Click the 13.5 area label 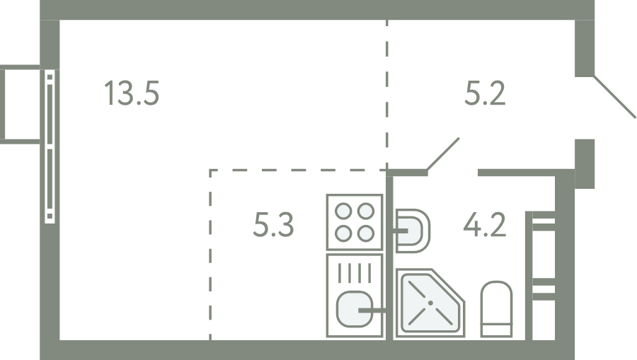pyautogui.click(x=132, y=93)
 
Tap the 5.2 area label pyautogui.click(x=485, y=93)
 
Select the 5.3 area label pyautogui.click(x=273, y=224)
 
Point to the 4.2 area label pyautogui.click(x=485, y=224)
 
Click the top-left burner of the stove pyautogui.click(x=344, y=211)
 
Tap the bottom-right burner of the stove pyautogui.click(x=366, y=233)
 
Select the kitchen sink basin pyautogui.click(x=355, y=309)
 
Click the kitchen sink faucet pyautogui.click(x=372, y=311)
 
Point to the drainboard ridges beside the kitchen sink pyautogui.click(x=355, y=273)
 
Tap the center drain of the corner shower pyautogui.click(x=430, y=303)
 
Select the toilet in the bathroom pyautogui.click(x=496, y=309)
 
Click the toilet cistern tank pyautogui.click(x=496, y=330)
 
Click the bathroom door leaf pyautogui.click(x=443, y=153)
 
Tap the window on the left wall pyautogui.click(x=50, y=146)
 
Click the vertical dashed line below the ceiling pyautogui.click(x=387, y=94)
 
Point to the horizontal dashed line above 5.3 pyautogui.click(x=298, y=170)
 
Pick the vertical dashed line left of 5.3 pyautogui.click(x=210, y=255)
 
